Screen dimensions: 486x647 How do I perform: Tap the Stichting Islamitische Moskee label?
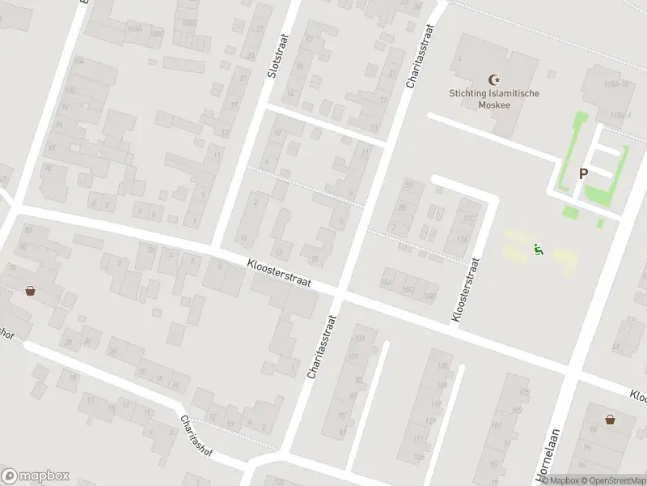coord(494,99)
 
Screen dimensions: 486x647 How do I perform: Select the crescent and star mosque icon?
coord(495,79)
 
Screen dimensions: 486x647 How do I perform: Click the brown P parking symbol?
coord(582,173)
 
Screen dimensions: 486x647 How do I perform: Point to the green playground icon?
coord(537,249)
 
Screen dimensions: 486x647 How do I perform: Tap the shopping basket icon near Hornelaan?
coord(610,419)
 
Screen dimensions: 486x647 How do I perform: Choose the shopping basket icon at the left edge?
coord(30,290)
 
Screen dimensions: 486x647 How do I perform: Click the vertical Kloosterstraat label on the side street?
coord(467,291)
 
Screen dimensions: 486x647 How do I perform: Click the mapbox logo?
coord(36,476)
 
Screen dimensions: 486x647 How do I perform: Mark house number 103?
coord(360,338)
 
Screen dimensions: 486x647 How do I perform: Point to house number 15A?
coord(386,281)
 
